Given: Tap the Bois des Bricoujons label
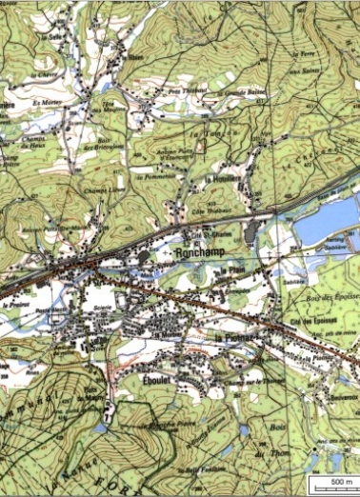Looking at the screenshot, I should pos(106,144).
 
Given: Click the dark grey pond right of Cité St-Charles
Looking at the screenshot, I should pos(250,230).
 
